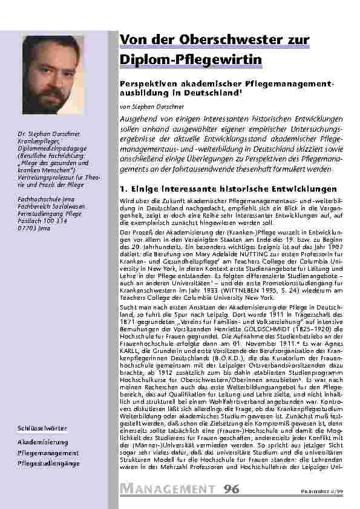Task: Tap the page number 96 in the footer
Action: (230, 489)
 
